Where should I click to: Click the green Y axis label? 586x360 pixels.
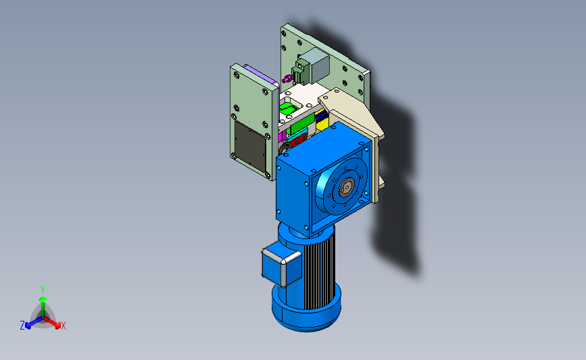(43, 290)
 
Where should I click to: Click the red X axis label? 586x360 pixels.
(63, 326)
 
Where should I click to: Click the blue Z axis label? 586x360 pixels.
(22, 326)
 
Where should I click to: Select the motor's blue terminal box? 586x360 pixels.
(281, 265)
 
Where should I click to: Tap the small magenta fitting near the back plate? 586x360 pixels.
(287, 79)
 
